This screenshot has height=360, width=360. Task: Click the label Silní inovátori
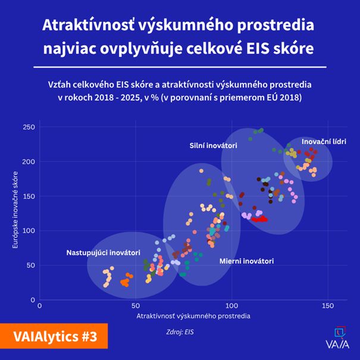point(214,146)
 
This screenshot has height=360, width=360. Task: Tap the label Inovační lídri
point(324,142)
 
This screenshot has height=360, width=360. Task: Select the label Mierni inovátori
point(246,261)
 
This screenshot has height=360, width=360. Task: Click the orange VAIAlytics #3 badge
point(54,337)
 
